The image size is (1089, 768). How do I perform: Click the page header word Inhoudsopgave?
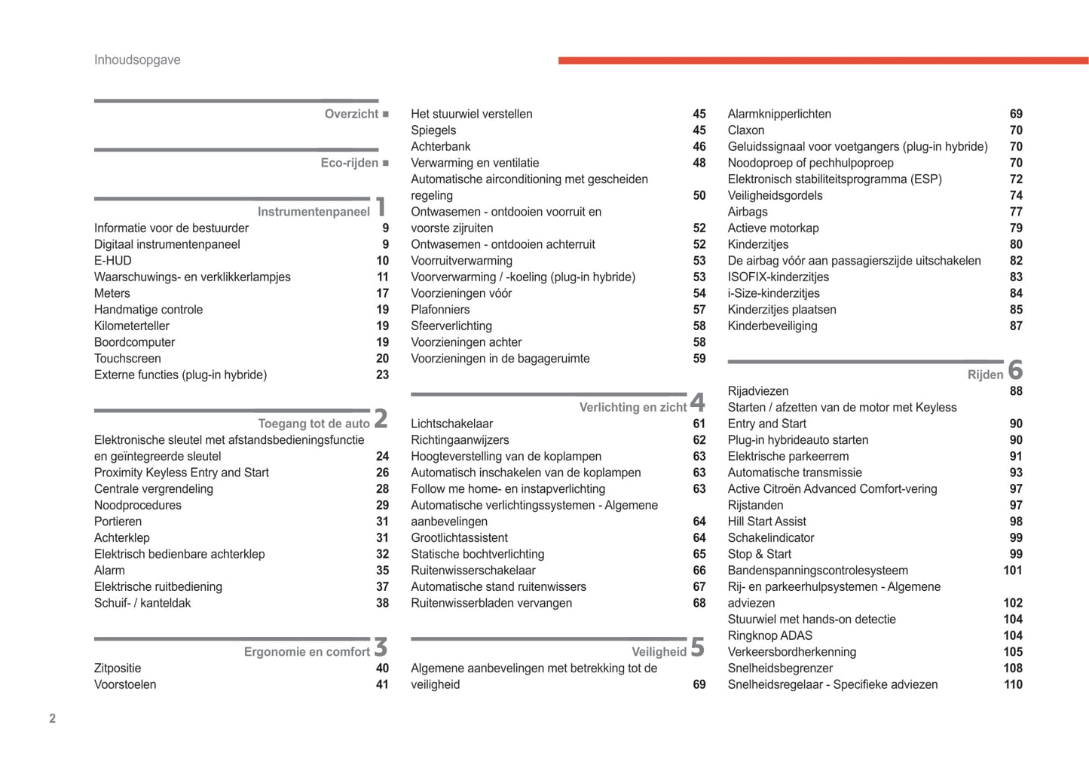(x=137, y=60)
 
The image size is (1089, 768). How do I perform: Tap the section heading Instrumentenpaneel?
(x=314, y=212)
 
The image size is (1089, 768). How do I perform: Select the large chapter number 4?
(x=698, y=402)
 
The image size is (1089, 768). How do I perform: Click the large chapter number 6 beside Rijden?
(x=1015, y=370)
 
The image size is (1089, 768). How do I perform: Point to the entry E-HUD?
(x=113, y=261)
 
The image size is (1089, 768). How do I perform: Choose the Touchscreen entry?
(x=127, y=359)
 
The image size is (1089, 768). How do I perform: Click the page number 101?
(x=1012, y=571)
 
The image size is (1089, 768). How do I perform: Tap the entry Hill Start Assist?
(x=766, y=522)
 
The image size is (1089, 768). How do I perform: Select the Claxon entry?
(x=746, y=130)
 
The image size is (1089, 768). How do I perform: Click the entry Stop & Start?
(x=759, y=554)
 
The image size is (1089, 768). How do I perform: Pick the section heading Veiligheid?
(x=659, y=652)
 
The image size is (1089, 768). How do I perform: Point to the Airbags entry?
(x=748, y=212)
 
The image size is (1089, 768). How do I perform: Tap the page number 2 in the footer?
(x=53, y=718)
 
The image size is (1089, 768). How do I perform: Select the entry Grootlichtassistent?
(x=459, y=538)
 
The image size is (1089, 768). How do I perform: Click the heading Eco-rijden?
(x=349, y=163)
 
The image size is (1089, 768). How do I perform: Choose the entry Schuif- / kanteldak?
(x=142, y=603)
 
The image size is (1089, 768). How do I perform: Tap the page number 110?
(x=1012, y=684)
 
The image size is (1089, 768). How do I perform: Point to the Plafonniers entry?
(x=440, y=310)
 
